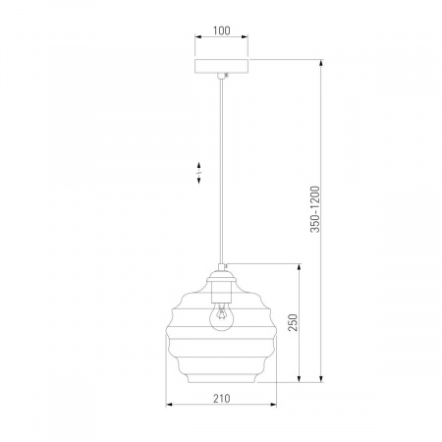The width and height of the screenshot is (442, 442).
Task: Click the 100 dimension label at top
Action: pos(222,30)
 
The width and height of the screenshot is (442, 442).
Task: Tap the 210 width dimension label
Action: pos(222,399)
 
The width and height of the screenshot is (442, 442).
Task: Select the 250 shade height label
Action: pos(293,322)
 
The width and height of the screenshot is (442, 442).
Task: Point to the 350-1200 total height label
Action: pos(314,209)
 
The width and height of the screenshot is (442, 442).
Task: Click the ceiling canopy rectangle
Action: pos(221,66)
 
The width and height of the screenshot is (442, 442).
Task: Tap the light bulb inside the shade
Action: pos(222,316)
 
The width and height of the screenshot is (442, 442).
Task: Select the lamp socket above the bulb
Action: pos(222,293)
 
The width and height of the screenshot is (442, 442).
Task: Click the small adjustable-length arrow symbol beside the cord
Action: pos(198,172)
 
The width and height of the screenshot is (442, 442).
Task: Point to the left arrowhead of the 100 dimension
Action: pos(198,36)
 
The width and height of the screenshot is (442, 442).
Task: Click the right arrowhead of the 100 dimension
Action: pos(245,36)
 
